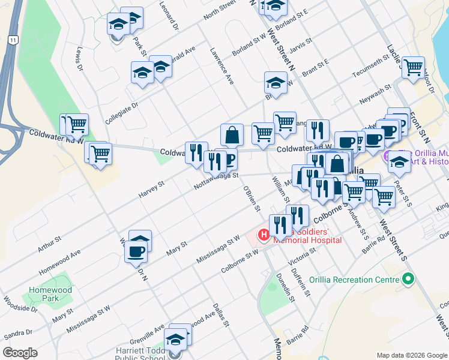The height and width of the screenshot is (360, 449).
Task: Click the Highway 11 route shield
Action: click(x=12, y=39)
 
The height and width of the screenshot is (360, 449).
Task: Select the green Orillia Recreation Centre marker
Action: click(x=409, y=280)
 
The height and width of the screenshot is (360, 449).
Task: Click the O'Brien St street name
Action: click(x=252, y=199)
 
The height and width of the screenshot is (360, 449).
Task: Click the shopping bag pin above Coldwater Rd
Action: click(x=232, y=134)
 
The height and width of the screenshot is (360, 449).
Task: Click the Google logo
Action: click(x=20, y=353)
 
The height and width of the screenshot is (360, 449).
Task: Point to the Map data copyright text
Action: click(x=411, y=355)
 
